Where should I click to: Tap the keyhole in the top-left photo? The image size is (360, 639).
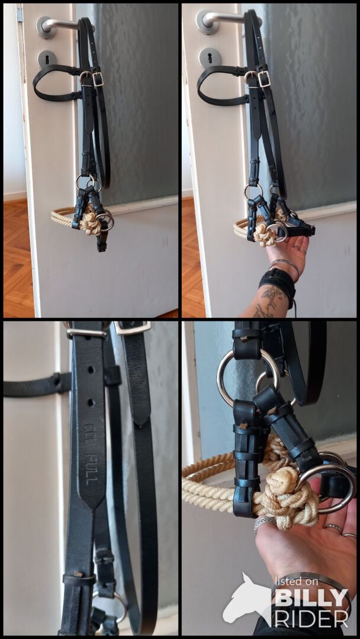(x=47, y=59)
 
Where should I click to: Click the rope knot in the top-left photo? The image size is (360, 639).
(x=90, y=221)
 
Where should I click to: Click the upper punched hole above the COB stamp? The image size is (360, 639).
(x=90, y=370)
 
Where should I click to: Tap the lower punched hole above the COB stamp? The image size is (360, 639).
(x=90, y=403)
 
